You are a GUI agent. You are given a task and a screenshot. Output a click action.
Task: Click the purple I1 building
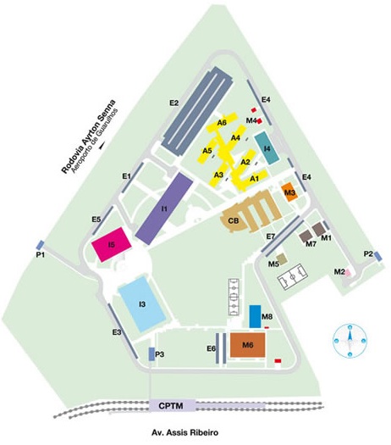(x=164, y=209)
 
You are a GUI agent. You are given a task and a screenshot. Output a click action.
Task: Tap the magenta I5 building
(x=112, y=244)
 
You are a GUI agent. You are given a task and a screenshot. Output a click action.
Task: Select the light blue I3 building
(x=142, y=304)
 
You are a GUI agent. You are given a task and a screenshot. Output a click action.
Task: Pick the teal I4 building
(x=267, y=147)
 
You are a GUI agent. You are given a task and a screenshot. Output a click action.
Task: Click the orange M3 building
(x=289, y=192)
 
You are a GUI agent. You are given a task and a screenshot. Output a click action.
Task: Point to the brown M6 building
(x=248, y=345)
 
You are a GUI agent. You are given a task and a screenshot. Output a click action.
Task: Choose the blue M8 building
(x=255, y=316)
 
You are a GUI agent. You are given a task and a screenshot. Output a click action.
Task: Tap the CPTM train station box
(x=173, y=405)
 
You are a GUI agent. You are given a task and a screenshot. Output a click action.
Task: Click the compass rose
(x=350, y=340)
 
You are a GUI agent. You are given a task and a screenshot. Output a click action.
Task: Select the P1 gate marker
(x=40, y=245)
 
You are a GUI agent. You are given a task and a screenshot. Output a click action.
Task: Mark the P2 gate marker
(x=377, y=256)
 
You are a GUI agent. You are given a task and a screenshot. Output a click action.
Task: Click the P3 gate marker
(x=151, y=354)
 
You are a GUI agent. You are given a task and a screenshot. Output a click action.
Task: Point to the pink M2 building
(x=348, y=273)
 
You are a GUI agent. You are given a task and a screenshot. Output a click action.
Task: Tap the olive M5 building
(x=282, y=259)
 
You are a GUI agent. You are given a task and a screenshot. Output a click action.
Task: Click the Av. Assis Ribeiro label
(x=185, y=432)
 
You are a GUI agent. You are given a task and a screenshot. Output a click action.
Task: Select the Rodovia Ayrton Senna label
(x=89, y=136)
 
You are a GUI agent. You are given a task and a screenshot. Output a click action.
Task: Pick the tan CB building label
(x=234, y=220)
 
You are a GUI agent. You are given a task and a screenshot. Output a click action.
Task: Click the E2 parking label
(x=174, y=103)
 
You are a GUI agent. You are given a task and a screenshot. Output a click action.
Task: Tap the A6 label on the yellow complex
(x=222, y=123)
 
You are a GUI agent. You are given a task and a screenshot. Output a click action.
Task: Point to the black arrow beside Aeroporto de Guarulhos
(x=102, y=146)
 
